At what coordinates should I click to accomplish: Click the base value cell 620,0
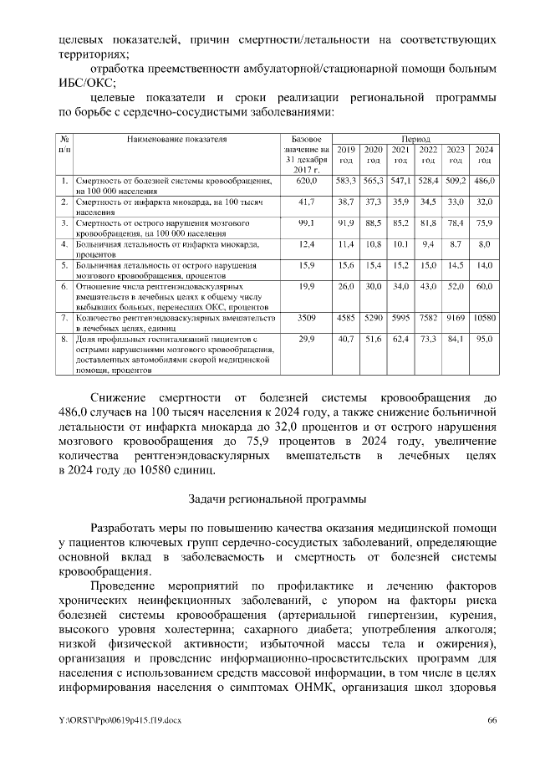click(307, 181)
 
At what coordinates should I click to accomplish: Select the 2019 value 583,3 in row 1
click(346, 181)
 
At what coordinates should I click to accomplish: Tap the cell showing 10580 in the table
click(484, 318)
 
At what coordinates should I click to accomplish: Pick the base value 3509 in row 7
click(307, 318)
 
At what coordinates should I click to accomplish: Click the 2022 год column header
click(429, 154)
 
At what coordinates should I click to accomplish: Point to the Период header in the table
click(415, 137)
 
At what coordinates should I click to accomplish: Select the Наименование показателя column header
click(176, 137)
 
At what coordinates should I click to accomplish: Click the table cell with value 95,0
click(484, 340)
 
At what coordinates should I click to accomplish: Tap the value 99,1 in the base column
click(307, 223)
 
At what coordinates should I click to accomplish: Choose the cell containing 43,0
click(429, 286)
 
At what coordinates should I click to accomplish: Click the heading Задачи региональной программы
click(277, 499)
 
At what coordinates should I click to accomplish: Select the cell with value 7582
click(429, 318)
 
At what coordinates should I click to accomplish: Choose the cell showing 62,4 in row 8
click(401, 340)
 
